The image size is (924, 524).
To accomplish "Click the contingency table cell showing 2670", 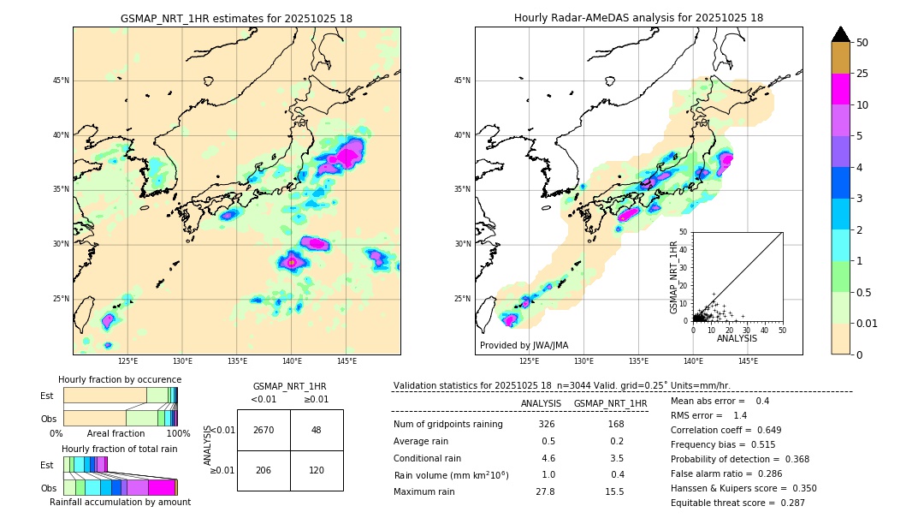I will pos(264,430).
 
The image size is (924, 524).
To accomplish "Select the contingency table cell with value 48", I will pos(316,430).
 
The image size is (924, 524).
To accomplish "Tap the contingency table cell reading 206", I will pos(264,470).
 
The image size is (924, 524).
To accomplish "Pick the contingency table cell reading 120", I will pos(316,470).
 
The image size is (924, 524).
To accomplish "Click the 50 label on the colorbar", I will pos(862,43).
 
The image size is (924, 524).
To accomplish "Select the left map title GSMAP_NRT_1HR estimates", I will pos(236,18).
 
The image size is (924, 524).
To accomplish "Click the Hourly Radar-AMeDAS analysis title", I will pos(638,18).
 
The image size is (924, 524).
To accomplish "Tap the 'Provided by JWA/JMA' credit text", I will pos(524,345).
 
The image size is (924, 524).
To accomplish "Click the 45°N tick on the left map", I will pos(61,80).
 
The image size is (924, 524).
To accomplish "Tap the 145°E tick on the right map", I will pos(748,361).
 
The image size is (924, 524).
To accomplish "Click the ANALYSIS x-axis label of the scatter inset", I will pos(737,338).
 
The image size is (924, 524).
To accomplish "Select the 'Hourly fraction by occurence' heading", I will pos(120,379).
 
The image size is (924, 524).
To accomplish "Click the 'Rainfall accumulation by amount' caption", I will pos(120,502).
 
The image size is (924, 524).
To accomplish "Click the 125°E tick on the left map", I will pos(128,361).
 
